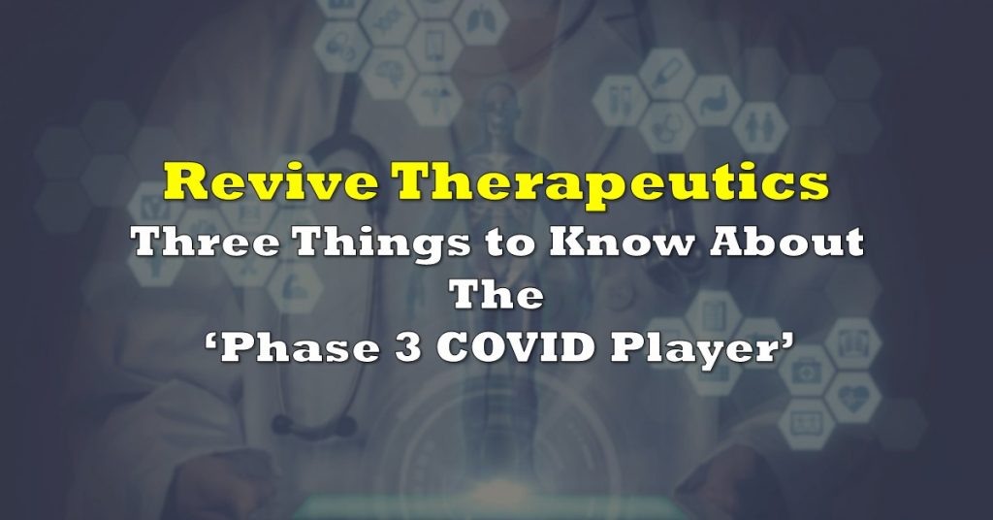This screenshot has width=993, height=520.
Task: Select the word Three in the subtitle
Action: [207, 242]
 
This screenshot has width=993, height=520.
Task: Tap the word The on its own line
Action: [496, 295]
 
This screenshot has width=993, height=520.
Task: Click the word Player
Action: [692, 349]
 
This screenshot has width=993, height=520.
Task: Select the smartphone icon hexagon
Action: [433, 46]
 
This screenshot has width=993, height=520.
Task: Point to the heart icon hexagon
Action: [851, 397]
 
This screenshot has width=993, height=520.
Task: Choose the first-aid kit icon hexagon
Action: [806, 372]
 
